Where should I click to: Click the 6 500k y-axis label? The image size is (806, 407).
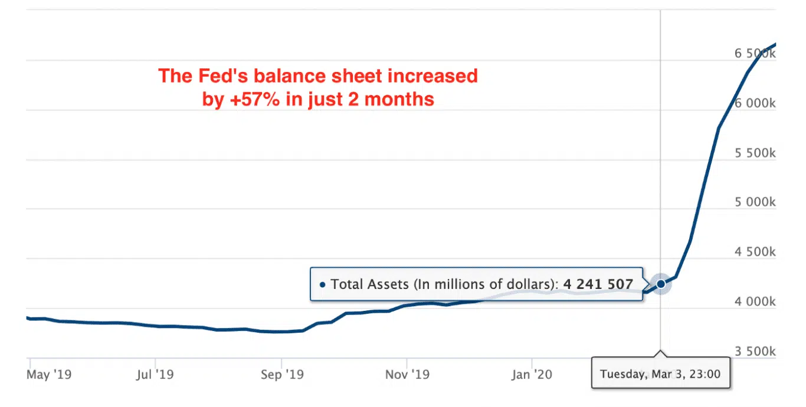point(755,54)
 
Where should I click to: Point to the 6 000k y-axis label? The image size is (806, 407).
point(755,103)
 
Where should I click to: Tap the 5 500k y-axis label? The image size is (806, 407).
point(755,153)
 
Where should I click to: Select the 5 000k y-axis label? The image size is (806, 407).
point(755,202)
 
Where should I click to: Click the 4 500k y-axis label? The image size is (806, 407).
point(755,252)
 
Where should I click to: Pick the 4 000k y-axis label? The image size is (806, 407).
point(755,302)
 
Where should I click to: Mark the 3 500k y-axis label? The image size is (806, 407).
point(755,352)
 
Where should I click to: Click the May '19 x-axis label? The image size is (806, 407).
point(46,375)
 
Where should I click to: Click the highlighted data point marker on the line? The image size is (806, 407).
point(661,284)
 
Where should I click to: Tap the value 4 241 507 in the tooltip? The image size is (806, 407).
point(598,284)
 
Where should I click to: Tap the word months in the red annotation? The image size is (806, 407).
point(399,99)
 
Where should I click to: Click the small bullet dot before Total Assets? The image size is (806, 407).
point(322,284)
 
